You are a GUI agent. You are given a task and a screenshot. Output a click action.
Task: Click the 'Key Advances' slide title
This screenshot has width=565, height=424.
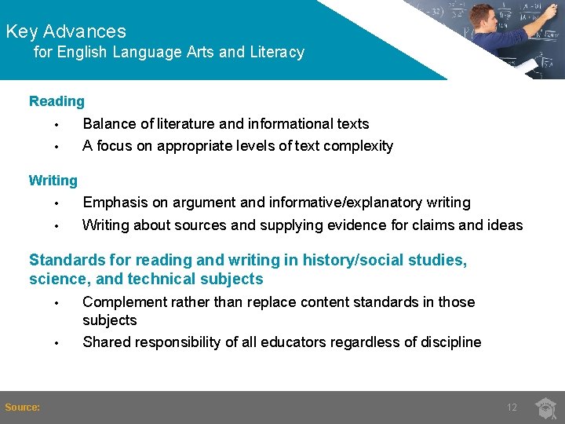pyautogui.click(x=66, y=31)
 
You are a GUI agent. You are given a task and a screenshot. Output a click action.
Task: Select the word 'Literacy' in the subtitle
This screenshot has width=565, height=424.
pyautogui.click(x=277, y=53)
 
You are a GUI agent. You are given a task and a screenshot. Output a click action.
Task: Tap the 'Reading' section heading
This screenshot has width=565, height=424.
pyautogui.click(x=56, y=101)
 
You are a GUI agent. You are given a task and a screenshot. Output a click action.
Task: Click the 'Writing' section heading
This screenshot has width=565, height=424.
pyautogui.click(x=53, y=181)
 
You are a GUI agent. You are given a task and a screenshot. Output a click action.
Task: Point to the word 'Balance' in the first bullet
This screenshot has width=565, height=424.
pyautogui.click(x=108, y=124)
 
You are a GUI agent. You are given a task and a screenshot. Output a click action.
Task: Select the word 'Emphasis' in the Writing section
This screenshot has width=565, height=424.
pyautogui.click(x=113, y=203)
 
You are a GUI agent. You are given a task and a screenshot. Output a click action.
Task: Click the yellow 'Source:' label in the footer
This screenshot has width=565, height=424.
pyautogui.click(x=23, y=407)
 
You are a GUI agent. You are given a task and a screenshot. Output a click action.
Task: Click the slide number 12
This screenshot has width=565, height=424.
pyautogui.click(x=512, y=408)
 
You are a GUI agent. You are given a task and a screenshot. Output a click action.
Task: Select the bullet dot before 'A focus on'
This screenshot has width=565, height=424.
pyautogui.click(x=57, y=147)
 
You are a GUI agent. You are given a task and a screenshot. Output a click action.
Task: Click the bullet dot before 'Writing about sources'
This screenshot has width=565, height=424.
pyautogui.click(x=57, y=226)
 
